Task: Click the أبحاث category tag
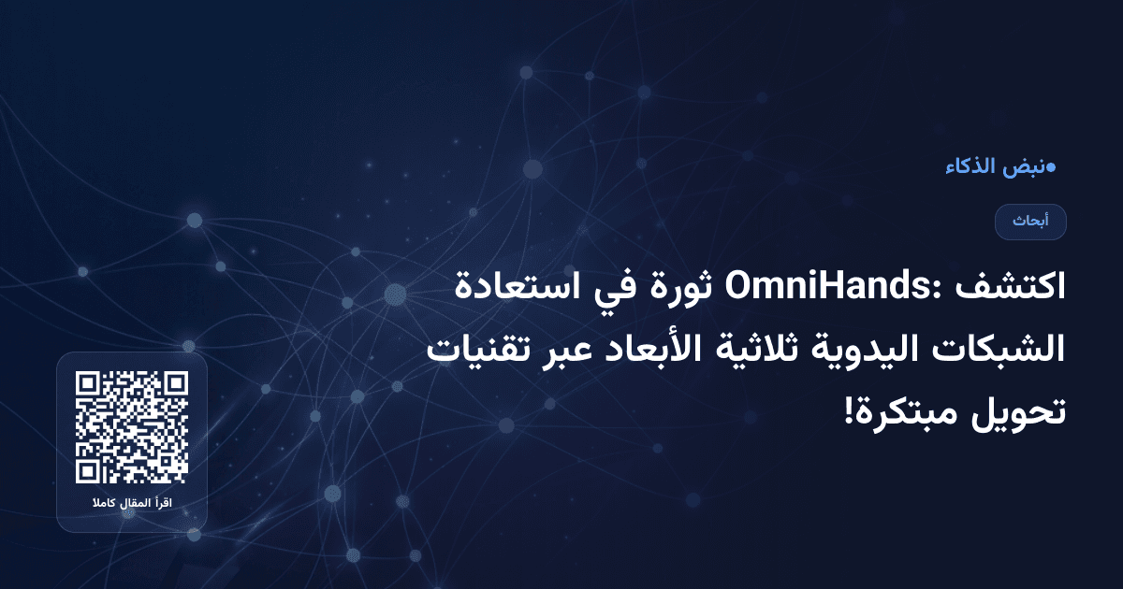pos(1030,222)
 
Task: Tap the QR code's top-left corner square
pos(89,384)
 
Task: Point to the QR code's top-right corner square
pos(175,384)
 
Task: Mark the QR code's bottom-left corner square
pos(89,470)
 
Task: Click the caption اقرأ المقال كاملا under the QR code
pos(132,505)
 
